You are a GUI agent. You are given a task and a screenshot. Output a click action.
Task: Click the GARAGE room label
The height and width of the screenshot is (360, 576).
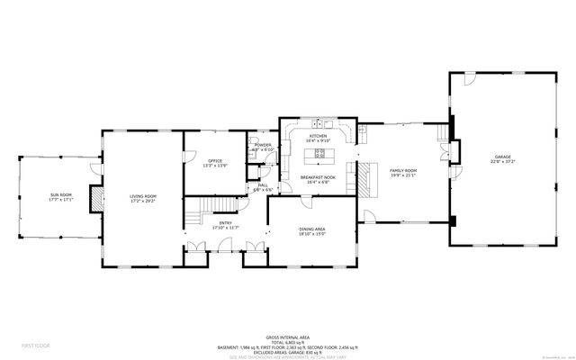tap(499, 157)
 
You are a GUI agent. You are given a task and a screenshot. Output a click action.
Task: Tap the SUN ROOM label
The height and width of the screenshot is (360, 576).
tap(60, 194)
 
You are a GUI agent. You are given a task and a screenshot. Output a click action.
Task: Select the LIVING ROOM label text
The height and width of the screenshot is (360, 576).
tap(143, 196)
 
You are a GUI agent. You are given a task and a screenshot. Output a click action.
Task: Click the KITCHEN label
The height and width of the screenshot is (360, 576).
tap(318, 136)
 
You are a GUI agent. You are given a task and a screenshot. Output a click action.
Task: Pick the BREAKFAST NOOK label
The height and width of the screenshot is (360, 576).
tap(318, 178)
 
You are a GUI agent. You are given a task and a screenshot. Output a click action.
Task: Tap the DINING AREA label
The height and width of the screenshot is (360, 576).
tap(312, 229)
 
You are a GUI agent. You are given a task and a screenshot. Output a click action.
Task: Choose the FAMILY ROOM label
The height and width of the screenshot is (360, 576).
tap(402, 170)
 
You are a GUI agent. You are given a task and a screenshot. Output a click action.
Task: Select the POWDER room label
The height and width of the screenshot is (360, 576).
tap(263, 144)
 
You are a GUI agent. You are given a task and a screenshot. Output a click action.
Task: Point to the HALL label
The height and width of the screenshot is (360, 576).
tap(263, 185)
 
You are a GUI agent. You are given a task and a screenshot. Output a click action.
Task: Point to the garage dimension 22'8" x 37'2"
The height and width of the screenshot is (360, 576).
tap(499, 162)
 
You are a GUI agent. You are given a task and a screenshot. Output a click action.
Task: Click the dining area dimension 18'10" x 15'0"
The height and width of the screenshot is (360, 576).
tap(312, 234)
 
